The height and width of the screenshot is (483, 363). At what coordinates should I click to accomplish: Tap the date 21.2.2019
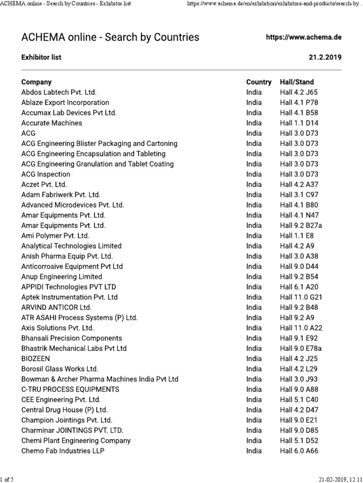pos(325,58)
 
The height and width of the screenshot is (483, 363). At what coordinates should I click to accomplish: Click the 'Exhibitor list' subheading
pos(41,58)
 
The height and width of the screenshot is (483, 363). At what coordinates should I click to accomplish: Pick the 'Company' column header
pos(36,82)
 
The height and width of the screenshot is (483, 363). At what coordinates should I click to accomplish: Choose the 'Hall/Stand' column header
pos(296,82)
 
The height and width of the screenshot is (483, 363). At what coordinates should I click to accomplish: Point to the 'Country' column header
pos(259,82)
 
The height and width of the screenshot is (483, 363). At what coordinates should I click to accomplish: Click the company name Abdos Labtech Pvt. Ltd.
pos(59,92)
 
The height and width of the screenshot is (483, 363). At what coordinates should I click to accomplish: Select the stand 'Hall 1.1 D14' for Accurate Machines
pos(299,123)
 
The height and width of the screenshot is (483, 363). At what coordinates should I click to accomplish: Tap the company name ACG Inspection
pos(46,175)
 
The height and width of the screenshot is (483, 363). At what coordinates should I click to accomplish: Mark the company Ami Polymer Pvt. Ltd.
pos(55,236)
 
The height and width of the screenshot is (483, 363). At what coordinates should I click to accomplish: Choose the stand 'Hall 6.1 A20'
pos(299,287)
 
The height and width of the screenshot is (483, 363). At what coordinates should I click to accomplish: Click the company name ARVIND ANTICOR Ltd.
pos(56,308)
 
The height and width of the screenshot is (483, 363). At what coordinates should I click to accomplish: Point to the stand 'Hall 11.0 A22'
pos(301,328)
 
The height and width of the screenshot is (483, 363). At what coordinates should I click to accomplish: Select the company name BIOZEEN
pos(35,358)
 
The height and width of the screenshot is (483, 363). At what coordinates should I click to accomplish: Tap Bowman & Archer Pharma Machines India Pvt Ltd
pos(100,379)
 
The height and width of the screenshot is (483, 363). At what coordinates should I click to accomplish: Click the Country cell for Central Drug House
pos(254,410)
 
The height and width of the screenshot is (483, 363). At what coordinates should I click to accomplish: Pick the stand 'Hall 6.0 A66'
pos(299,451)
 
